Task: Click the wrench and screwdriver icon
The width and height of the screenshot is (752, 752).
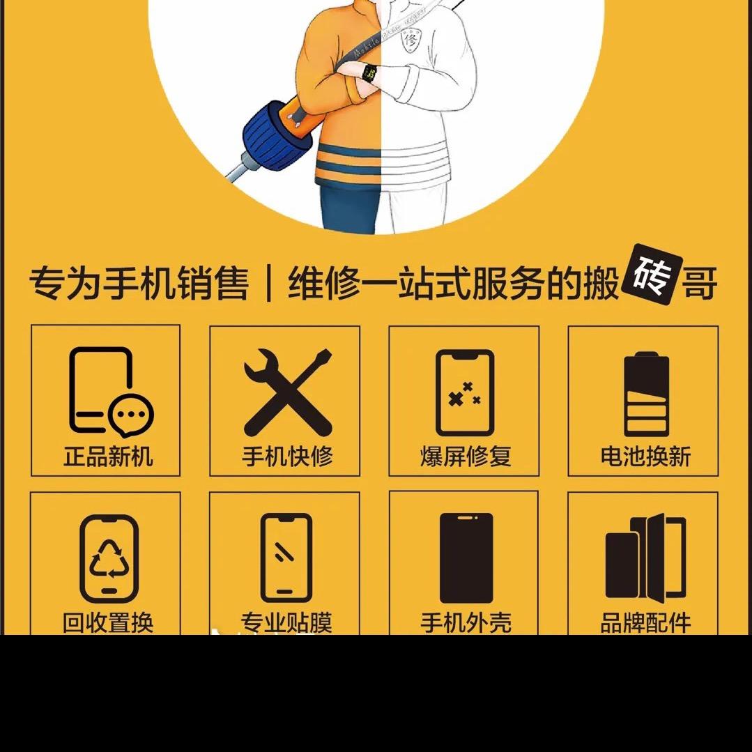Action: pyautogui.click(x=288, y=392)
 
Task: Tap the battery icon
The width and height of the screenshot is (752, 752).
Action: pyautogui.click(x=646, y=394)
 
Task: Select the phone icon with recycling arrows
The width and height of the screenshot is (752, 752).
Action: pyautogui.click(x=109, y=558)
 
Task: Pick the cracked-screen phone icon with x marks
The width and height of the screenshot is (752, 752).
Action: pyautogui.click(x=465, y=393)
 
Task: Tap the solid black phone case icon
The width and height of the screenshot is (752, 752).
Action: pyautogui.click(x=466, y=558)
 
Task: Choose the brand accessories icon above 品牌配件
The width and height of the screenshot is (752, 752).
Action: pyautogui.click(x=645, y=558)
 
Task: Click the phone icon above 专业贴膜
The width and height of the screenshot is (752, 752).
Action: pyautogui.click(x=286, y=558)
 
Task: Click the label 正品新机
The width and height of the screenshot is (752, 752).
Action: pyautogui.click(x=109, y=456)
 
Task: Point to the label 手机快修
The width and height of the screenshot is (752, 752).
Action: pyautogui.click(x=287, y=456)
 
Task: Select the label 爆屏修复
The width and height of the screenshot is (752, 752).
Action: pyautogui.click(x=465, y=456)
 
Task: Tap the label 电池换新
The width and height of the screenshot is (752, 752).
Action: pyautogui.click(x=645, y=456)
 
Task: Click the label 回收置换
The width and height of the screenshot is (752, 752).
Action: pyautogui.click(x=108, y=622)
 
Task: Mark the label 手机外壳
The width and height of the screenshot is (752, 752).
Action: pyautogui.click(x=466, y=622)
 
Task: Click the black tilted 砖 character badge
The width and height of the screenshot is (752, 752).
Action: pyautogui.click(x=652, y=275)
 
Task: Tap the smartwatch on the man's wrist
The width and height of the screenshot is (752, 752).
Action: pyautogui.click(x=370, y=73)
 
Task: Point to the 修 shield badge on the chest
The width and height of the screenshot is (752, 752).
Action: pyautogui.click(x=410, y=39)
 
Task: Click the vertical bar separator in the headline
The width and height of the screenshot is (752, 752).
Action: pyautogui.click(x=268, y=283)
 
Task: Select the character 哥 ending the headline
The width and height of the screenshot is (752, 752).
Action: pyautogui.click(x=700, y=283)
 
